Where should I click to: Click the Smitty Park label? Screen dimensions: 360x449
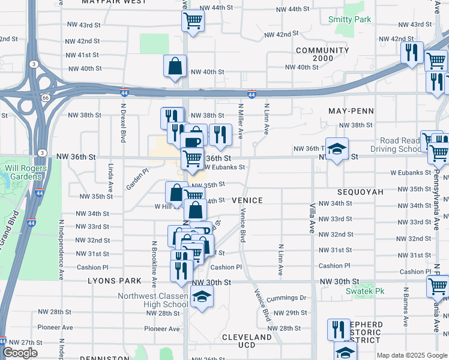coord(349,20)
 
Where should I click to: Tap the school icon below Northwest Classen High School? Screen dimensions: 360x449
coord(202,296)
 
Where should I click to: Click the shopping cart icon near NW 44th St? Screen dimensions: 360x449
coord(193,20)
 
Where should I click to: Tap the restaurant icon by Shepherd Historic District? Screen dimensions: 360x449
coord(339,329)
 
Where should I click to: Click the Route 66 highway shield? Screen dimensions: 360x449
coord(45,97)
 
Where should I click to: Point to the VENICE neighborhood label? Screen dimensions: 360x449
coord(247,200)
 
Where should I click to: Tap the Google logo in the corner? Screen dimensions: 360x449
coord(20,353)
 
